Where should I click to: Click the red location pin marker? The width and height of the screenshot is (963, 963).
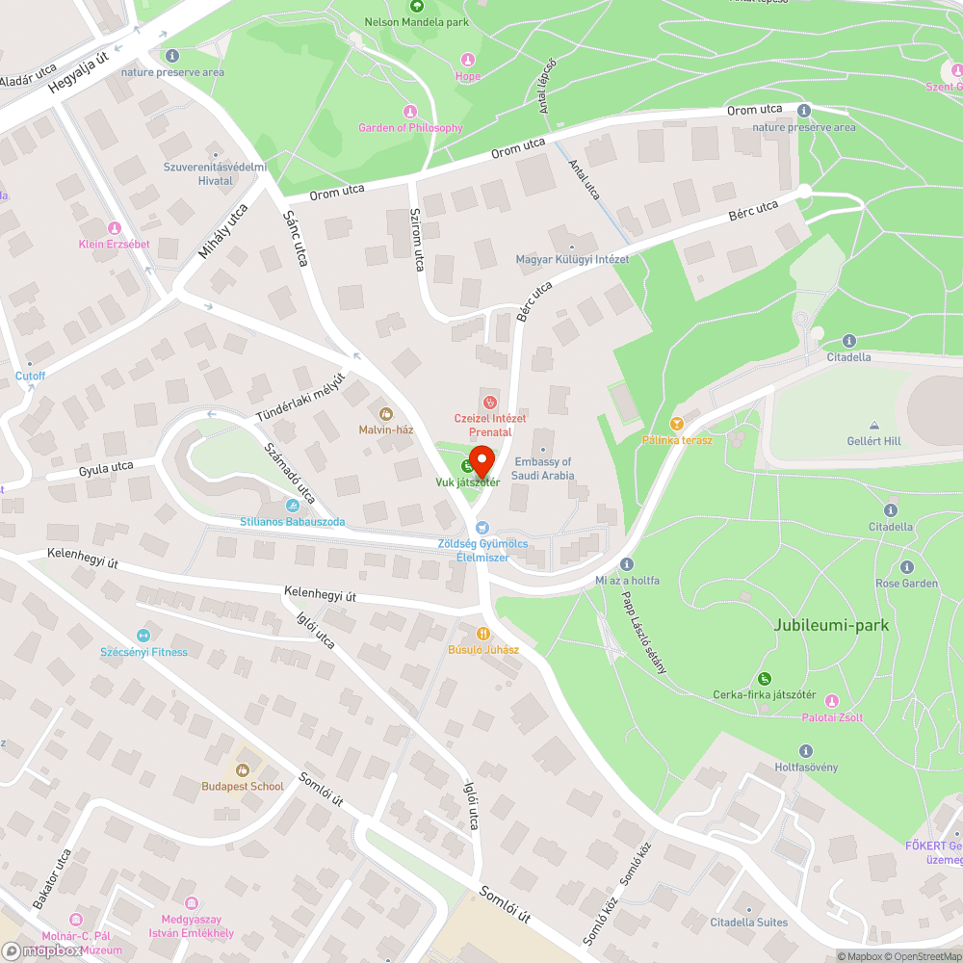(x=481, y=456)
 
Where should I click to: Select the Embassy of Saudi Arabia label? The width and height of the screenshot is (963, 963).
(x=543, y=469)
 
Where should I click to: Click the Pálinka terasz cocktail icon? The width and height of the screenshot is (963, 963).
(x=677, y=424)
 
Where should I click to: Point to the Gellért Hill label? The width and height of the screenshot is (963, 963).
(x=873, y=440)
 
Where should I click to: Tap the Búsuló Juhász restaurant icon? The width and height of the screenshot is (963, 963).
(x=483, y=634)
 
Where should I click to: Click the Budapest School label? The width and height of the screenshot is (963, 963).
(x=243, y=786)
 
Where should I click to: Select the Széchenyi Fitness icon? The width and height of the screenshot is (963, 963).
(x=143, y=635)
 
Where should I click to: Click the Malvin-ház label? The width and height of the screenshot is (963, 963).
(x=386, y=429)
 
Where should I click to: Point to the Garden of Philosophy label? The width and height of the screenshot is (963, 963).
(x=410, y=127)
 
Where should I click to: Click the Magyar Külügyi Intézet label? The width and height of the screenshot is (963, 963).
(x=572, y=259)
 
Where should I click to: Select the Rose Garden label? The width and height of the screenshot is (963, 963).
(x=906, y=584)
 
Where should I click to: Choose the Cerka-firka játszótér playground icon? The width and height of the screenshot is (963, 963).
(x=765, y=679)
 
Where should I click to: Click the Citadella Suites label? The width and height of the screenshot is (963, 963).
(x=749, y=923)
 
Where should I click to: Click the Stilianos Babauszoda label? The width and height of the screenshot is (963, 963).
(x=292, y=522)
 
